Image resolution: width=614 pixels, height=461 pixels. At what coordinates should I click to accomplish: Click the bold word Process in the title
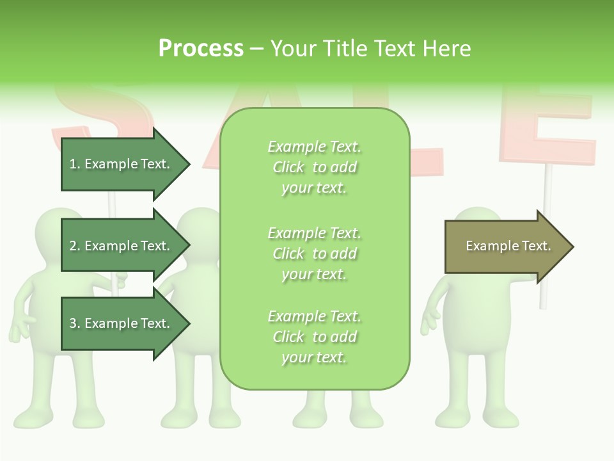point(201,48)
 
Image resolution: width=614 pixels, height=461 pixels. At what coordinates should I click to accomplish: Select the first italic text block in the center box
point(314,167)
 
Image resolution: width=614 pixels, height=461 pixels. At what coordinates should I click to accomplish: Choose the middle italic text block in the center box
point(314,253)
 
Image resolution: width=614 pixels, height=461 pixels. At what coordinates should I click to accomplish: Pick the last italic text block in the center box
point(314,337)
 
